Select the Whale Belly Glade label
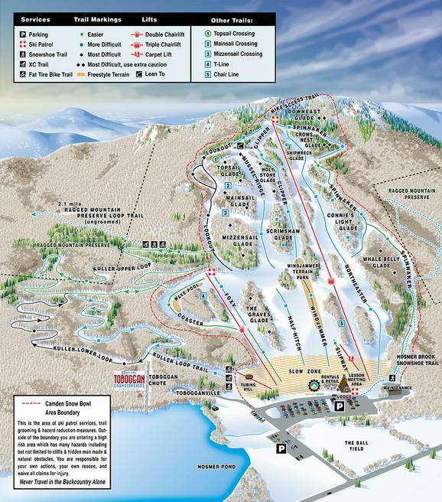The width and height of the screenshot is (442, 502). (x=380, y=263)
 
